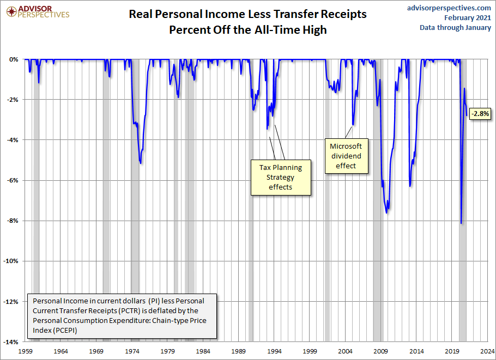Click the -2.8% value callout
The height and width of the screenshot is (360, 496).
tap(481, 114)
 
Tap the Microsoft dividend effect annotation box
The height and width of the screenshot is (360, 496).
tap(347, 156)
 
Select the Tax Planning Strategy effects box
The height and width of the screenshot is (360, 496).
tap(280, 177)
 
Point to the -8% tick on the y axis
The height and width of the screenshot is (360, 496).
tap(13, 221)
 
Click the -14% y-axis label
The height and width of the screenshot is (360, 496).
tap(11, 342)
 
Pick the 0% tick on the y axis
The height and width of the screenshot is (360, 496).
tap(14, 59)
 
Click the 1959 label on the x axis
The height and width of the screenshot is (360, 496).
tap(26, 351)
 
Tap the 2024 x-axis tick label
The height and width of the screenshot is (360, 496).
tap(488, 351)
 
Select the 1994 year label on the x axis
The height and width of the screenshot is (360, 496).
tap(275, 351)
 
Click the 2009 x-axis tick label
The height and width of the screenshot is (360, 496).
tap(381, 351)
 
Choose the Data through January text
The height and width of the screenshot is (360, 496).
tap(455, 28)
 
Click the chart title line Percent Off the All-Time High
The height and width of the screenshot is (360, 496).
tap(247, 30)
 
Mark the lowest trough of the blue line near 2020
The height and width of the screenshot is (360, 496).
tap(461, 223)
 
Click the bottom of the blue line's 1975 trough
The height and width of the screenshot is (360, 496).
tap(141, 163)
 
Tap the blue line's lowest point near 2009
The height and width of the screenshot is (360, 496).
tap(386, 212)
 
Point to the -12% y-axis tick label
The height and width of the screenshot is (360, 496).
tap(11, 301)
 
